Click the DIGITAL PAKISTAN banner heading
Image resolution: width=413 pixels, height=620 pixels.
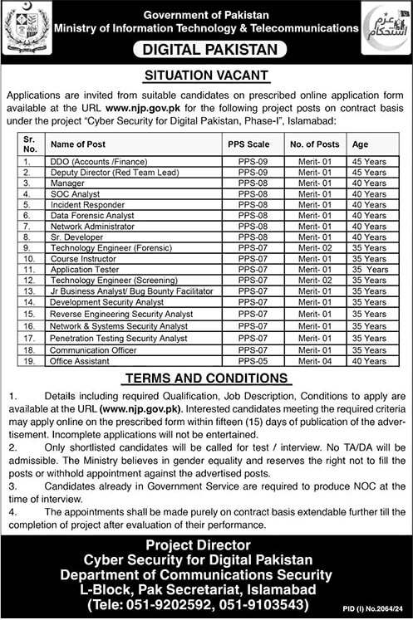click(x=206, y=50)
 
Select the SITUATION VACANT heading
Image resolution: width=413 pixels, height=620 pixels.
click(x=206, y=76)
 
